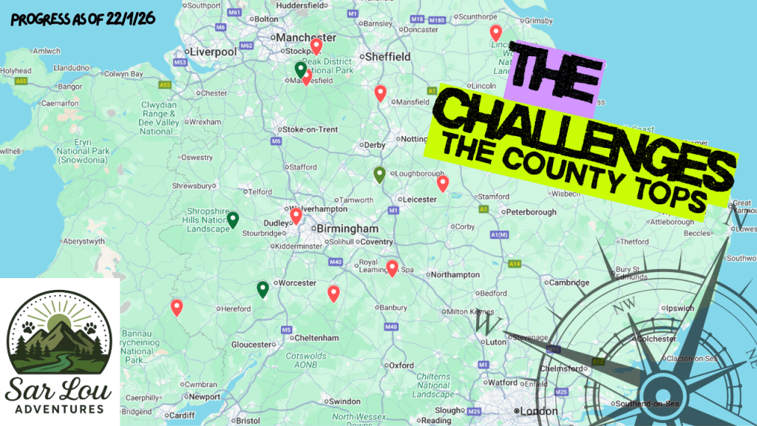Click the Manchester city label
point(304,37)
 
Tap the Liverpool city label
point(213,52)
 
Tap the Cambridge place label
point(568,283)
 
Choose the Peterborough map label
point(529,212)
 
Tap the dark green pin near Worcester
point(262,289)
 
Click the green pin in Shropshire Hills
point(233,219)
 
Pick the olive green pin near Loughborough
point(379,175)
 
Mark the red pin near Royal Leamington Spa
point(392,268)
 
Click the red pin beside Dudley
point(296,216)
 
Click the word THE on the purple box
point(555,76)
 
